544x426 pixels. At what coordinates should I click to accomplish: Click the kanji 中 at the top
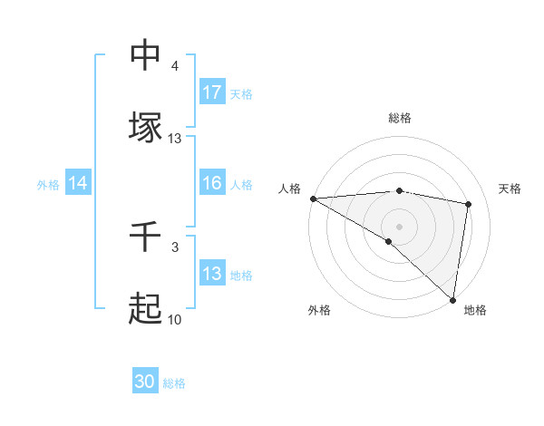coord(145,56)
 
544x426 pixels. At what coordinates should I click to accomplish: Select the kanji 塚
coord(145,127)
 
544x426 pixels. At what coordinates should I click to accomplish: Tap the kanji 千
coord(145,238)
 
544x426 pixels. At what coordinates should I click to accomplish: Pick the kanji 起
coord(145,309)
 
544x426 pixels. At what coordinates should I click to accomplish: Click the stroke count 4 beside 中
coord(175,67)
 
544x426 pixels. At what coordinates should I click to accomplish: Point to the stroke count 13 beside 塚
coord(175,139)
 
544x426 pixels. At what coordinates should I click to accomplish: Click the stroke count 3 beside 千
coord(175,247)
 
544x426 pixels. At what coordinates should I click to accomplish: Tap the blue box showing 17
coord(212,92)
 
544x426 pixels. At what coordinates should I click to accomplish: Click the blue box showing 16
coord(212,183)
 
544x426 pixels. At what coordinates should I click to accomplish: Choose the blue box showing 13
coord(212,274)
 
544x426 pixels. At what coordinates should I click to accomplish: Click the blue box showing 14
coord(78,183)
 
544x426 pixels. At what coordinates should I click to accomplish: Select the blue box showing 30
coord(145,382)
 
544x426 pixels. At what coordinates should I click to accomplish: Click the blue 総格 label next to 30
coord(174,383)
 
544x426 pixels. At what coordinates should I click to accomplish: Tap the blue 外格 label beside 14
coord(48,184)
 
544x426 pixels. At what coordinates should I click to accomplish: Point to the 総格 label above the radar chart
coord(399,118)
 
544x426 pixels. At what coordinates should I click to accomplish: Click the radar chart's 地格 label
coord(475,310)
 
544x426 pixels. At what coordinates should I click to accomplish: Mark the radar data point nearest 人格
coord(313,198)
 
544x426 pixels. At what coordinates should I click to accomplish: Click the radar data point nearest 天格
coord(469,204)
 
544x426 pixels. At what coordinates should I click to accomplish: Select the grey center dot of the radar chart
coord(399,226)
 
